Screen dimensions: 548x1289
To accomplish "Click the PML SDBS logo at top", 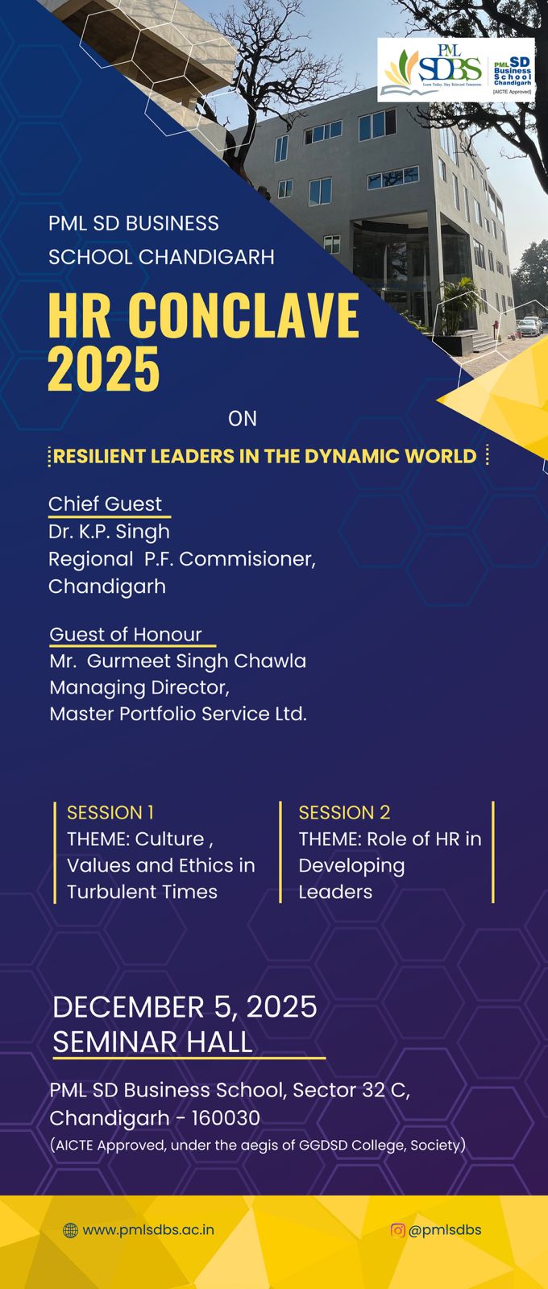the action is pyautogui.click(x=456, y=69).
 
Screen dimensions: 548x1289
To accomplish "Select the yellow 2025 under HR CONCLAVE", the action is pyautogui.click(x=104, y=369).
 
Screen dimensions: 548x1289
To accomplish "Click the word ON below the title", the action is pyautogui.click(x=243, y=418).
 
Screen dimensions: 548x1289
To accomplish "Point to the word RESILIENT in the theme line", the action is pyautogui.click(x=99, y=456).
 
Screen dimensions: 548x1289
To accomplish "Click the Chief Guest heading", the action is pyautogui.click(x=106, y=504).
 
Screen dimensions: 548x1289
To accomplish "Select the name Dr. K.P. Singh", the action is pyautogui.click(x=109, y=532).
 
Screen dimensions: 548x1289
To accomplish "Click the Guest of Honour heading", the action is pyautogui.click(x=126, y=634).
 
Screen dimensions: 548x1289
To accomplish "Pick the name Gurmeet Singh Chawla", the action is pyautogui.click(x=197, y=661).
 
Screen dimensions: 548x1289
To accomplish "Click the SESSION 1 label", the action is pyautogui.click(x=110, y=813).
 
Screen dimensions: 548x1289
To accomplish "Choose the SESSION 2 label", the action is pyautogui.click(x=344, y=813).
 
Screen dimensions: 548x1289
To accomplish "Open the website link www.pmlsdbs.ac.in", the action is pyautogui.click(x=148, y=1229).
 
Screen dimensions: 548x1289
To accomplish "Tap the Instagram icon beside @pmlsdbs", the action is pyautogui.click(x=398, y=1229).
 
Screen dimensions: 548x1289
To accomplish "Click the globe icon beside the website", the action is pyautogui.click(x=70, y=1230).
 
